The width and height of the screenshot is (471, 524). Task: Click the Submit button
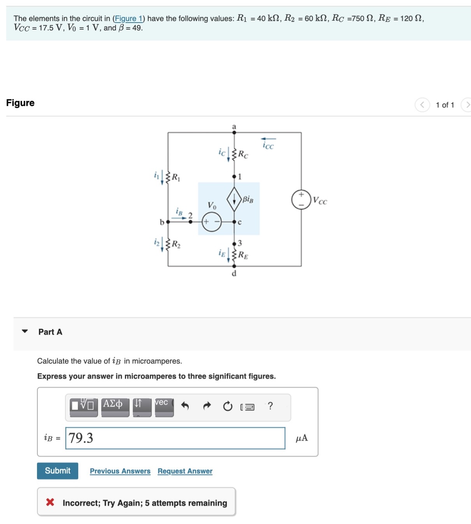click(x=57, y=471)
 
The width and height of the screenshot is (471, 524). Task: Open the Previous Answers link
click(x=120, y=471)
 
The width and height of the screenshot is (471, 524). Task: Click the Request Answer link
click(x=185, y=471)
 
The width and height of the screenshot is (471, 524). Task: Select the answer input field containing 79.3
click(x=175, y=438)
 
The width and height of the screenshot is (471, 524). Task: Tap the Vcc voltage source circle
click(x=301, y=199)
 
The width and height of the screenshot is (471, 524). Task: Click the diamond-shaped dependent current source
click(x=234, y=199)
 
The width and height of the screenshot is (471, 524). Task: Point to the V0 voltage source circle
click(x=212, y=222)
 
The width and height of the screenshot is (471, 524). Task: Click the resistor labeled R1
click(x=168, y=177)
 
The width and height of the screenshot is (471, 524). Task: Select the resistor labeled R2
click(x=168, y=244)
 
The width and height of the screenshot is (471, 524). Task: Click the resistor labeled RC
click(x=234, y=154)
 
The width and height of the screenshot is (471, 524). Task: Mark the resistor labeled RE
click(x=234, y=255)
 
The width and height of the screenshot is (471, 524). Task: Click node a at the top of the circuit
click(x=234, y=132)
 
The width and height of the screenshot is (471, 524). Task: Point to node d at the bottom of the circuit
click(x=234, y=266)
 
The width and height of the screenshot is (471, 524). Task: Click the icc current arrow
click(x=268, y=139)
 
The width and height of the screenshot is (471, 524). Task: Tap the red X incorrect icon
click(x=50, y=502)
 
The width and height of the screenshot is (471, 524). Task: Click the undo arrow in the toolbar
click(x=185, y=406)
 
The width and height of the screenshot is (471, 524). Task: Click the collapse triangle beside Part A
click(x=25, y=332)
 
